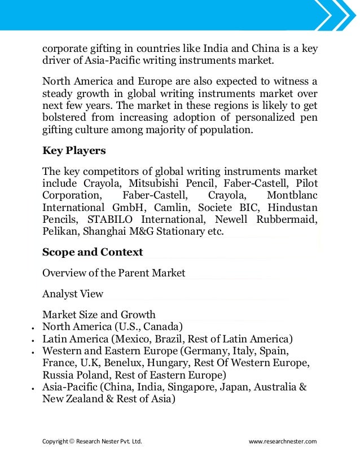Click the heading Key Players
[x=74, y=151]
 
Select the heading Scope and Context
[x=93, y=252]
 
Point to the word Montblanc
[x=292, y=195]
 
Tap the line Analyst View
[x=73, y=293]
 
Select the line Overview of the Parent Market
[x=113, y=273]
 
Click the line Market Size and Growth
[x=99, y=314]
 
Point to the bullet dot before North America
[x=34, y=328]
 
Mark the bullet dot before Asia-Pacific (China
[x=34, y=389]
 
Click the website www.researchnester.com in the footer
[x=283, y=441]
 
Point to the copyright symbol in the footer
[x=73, y=441]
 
